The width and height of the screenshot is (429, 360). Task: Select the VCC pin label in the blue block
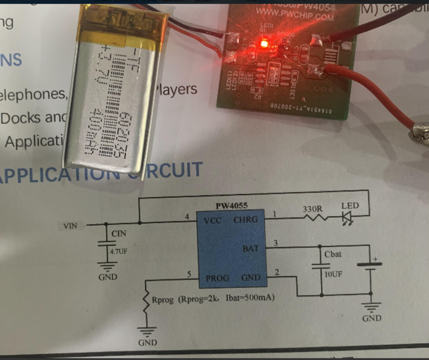click(213, 221)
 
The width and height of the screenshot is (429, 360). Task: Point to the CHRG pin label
click(245, 220)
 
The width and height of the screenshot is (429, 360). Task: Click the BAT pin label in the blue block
click(251, 248)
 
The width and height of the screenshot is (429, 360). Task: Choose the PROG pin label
click(217, 278)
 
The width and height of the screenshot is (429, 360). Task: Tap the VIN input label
click(70, 225)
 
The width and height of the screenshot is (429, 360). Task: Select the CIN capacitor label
click(119, 234)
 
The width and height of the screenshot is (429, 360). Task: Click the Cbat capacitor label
click(333, 254)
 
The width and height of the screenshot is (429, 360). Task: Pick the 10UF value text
click(333, 274)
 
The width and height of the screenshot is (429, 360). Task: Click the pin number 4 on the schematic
click(187, 217)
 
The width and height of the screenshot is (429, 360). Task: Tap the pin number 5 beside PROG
click(188, 274)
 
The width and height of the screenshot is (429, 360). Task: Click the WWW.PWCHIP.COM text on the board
click(294, 16)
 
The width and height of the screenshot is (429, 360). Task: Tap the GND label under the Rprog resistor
click(148, 342)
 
